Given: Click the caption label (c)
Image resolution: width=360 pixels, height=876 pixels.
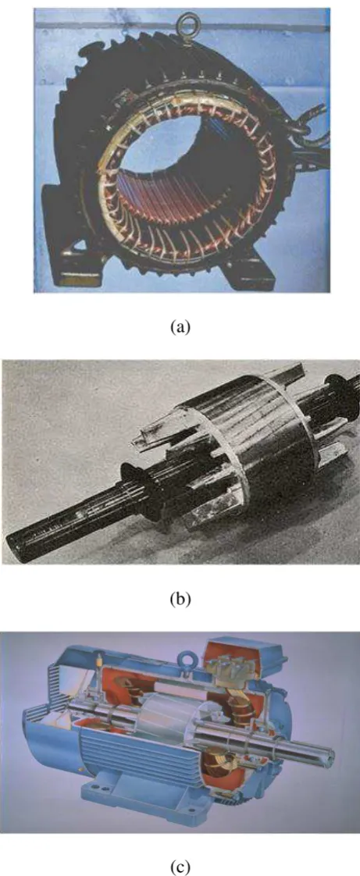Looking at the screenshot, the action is click(180, 867).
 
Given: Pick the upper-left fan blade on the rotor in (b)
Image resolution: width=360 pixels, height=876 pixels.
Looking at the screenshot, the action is click(151, 426).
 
